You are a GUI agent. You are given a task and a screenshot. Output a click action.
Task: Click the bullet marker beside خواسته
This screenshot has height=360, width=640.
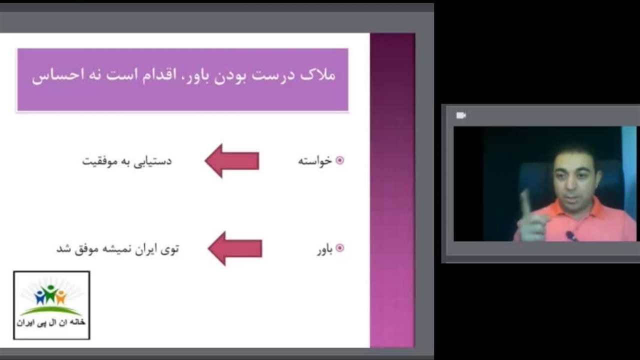339,160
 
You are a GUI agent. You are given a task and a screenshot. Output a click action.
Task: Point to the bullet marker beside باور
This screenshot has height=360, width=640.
339,247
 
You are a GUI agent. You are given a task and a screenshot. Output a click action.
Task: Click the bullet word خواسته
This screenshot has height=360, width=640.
315,161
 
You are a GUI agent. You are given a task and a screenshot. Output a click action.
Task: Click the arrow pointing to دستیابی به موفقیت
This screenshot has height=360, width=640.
232,161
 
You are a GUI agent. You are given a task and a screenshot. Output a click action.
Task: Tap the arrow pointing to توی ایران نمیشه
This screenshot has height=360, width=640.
235,248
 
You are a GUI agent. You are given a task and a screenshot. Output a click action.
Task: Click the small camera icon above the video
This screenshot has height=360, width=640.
461,115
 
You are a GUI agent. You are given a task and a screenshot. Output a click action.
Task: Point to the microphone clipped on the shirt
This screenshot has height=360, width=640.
571,235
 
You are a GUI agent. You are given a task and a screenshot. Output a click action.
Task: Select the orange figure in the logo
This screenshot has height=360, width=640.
61,297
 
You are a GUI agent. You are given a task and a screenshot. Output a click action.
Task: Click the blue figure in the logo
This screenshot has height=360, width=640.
39,297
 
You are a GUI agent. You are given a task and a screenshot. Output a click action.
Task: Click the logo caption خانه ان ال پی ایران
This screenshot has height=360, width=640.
51,322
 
